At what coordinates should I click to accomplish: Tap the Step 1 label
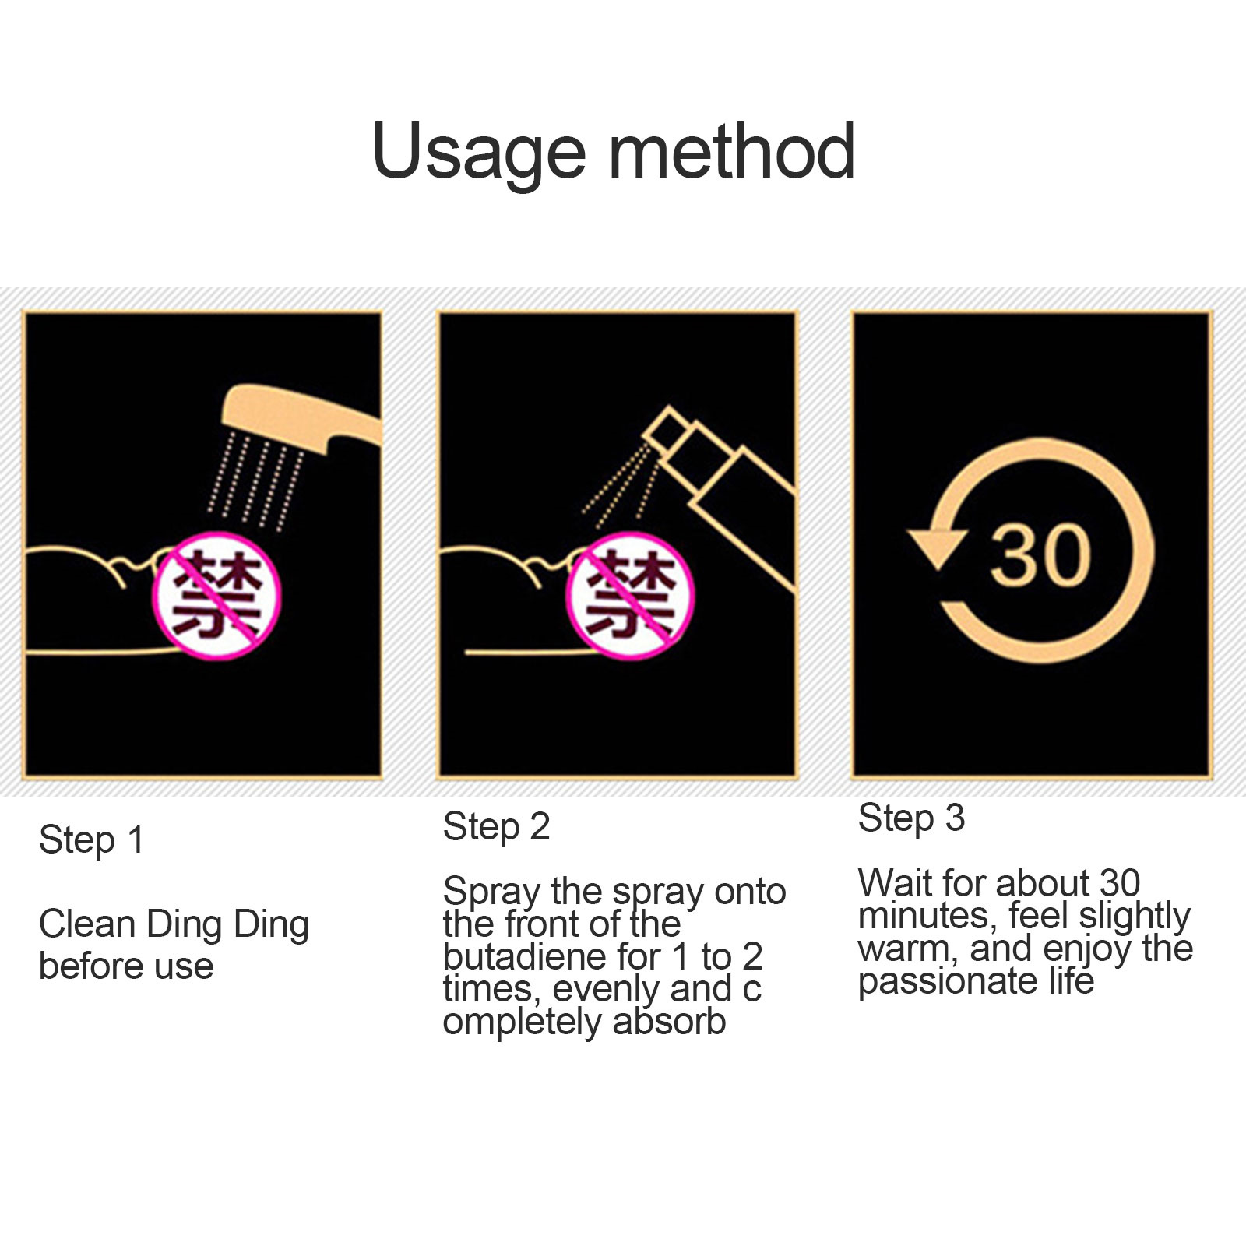[92, 840]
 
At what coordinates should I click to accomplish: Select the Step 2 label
[496, 827]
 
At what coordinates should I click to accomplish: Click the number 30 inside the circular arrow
[1040, 554]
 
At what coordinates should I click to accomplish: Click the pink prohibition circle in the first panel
[216, 596]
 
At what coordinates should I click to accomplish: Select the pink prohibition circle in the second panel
[629, 596]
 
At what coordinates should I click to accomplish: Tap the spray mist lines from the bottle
[619, 483]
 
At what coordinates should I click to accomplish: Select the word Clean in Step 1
[86, 924]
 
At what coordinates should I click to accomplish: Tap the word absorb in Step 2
[669, 1021]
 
